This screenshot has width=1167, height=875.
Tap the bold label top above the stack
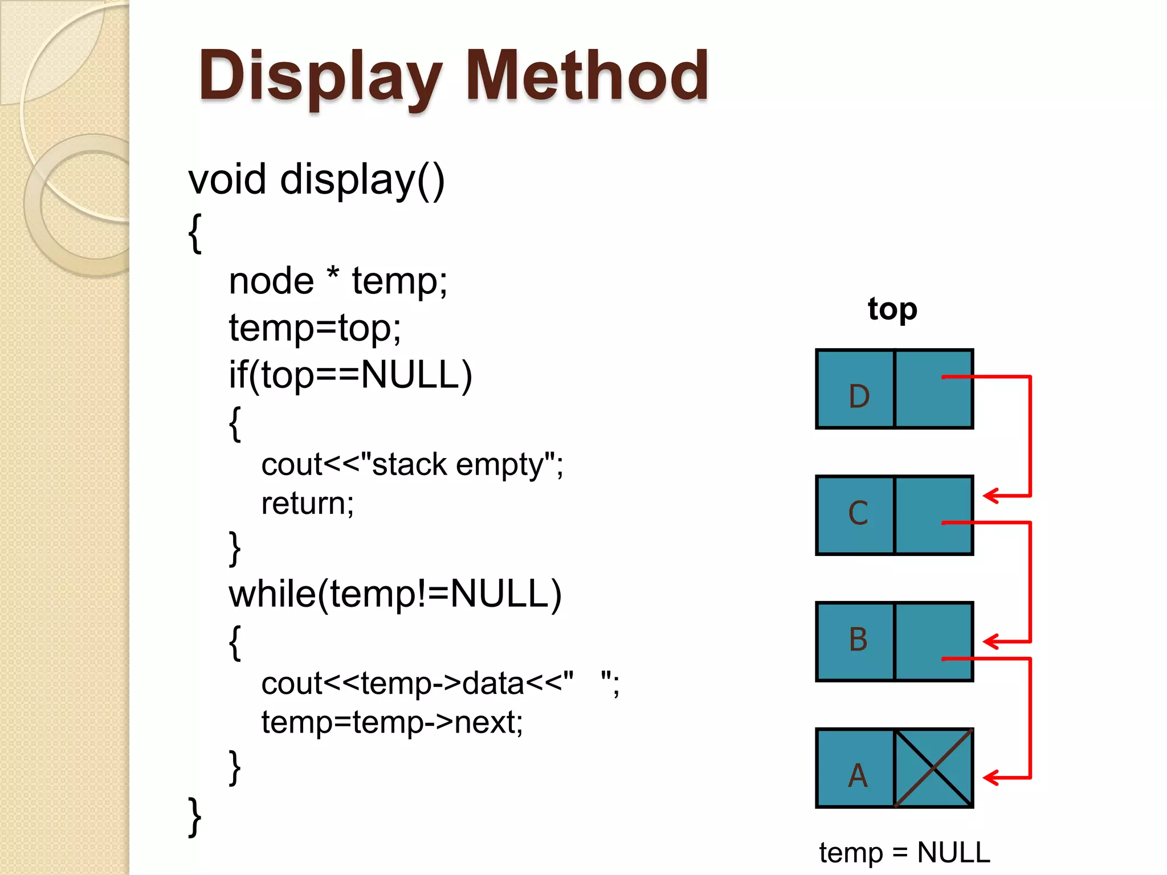tap(892, 309)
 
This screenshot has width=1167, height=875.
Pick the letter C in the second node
tap(858, 513)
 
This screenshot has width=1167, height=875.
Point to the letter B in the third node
tap(858, 639)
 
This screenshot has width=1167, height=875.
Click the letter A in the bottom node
tap(858, 776)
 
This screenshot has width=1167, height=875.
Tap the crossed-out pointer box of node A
tap(933, 768)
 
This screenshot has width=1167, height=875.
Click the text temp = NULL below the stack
tap(904, 853)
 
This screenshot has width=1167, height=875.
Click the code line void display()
tap(316, 180)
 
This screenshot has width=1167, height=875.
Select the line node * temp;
tap(338, 281)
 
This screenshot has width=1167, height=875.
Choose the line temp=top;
tap(315, 329)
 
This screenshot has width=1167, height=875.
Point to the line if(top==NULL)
tap(350, 375)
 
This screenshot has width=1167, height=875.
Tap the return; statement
tap(308, 504)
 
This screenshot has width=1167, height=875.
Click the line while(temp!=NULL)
tap(395, 594)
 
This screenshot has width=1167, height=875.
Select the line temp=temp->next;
tap(392, 722)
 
